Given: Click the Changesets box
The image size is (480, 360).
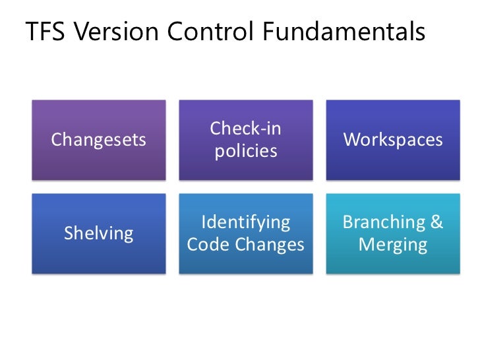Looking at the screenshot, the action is (x=99, y=140).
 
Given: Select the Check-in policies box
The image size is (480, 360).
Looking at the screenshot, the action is (x=246, y=140).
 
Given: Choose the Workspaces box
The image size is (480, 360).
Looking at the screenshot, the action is (x=393, y=140).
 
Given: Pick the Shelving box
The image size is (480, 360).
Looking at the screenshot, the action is (x=99, y=233).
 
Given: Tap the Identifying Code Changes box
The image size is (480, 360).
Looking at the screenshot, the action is (x=246, y=233).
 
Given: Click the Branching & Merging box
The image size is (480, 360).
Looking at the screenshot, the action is (x=393, y=233).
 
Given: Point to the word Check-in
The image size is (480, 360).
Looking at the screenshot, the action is (x=246, y=129).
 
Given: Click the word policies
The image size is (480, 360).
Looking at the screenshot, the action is (x=246, y=152).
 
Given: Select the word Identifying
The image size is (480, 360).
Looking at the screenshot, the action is (x=246, y=222).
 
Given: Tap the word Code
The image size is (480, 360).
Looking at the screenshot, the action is (x=209, y=245).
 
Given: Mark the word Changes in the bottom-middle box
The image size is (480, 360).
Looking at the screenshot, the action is (x=270, y=245).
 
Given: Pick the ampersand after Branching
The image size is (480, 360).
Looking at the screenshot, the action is (x=436, y=222).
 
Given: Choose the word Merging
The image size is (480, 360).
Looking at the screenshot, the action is (x=393, y=245).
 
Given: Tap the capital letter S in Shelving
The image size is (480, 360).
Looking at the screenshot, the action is (x=68, y=233).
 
